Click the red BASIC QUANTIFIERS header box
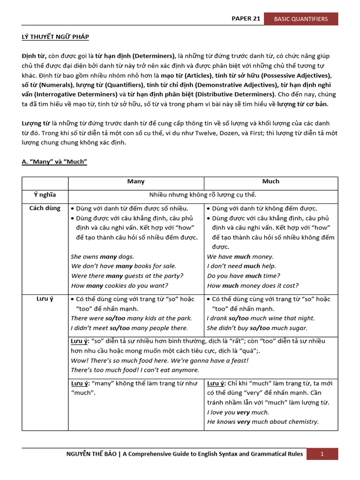click(x=301, y=19)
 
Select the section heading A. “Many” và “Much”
click(x=54, y=162)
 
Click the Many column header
click(x=136, y=181)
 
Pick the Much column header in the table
click(x=270, y=181)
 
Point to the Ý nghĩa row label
click(x=45, y=195)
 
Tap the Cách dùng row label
click(x=45, y=208)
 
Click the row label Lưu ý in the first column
click(x=45, y=299)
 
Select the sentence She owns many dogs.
click(x=102, y=256)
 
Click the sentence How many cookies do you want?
click(x=119, y=285)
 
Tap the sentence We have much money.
click(x=240, y=256)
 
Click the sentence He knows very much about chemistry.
click(x=262, y=421)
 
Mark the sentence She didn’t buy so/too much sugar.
click(x=257, y=328)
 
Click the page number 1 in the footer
click(x=322, y=454)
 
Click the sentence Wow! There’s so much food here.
click(x=127, y=360)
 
